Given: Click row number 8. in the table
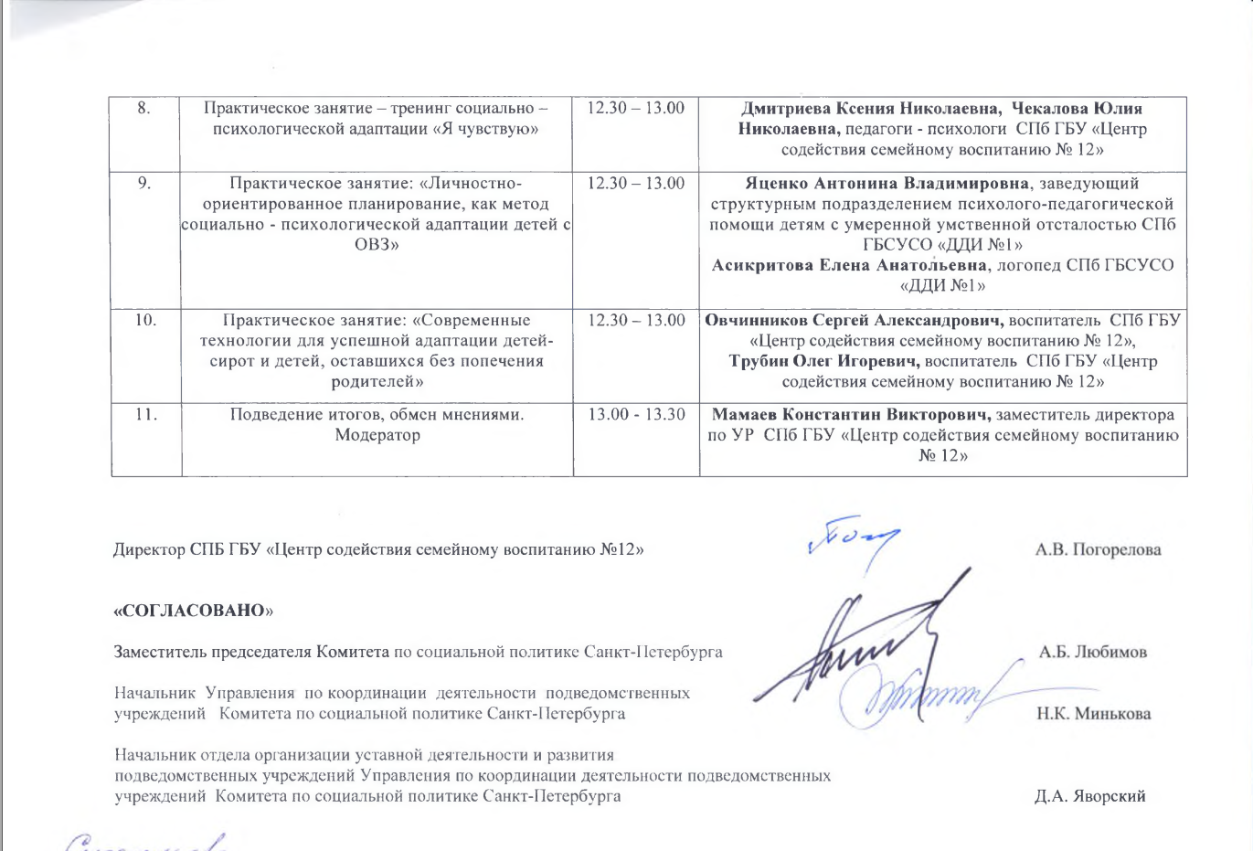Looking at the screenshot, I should tap(144, 108).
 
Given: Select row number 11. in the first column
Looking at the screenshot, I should tap(145, 414).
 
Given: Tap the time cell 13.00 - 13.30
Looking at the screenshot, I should tap(636, 414).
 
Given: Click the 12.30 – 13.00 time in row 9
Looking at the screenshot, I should tap(635, 183).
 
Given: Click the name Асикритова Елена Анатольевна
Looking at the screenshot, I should tap(850, 265).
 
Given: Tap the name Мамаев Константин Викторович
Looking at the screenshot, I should tap(853, 414).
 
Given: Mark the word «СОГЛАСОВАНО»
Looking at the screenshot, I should tap(193, 610).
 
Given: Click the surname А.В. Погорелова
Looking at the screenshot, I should tap(1098, 549).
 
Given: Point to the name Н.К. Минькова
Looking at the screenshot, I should tap(1093, 713).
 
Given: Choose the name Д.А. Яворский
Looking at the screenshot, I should tap(1089, 796).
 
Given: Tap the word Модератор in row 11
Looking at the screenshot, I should tap(377, 434).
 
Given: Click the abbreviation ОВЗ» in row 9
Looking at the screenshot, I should tap(377, 244).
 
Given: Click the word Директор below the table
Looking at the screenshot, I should tap(149, 550).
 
